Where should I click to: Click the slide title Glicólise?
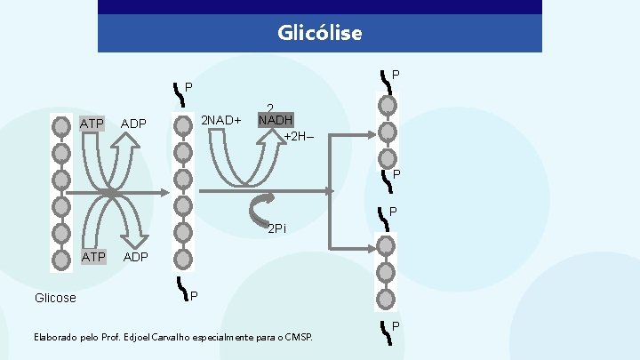320,34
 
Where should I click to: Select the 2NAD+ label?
221,120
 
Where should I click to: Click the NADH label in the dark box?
276,120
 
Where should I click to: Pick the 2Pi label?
277,229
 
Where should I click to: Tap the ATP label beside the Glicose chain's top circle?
92,123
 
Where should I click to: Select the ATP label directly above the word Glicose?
92,257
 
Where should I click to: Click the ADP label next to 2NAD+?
133,123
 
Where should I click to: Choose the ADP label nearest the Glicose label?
135,257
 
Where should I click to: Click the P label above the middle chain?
188,87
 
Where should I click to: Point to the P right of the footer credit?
396,326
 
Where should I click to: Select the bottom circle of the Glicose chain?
60,260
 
